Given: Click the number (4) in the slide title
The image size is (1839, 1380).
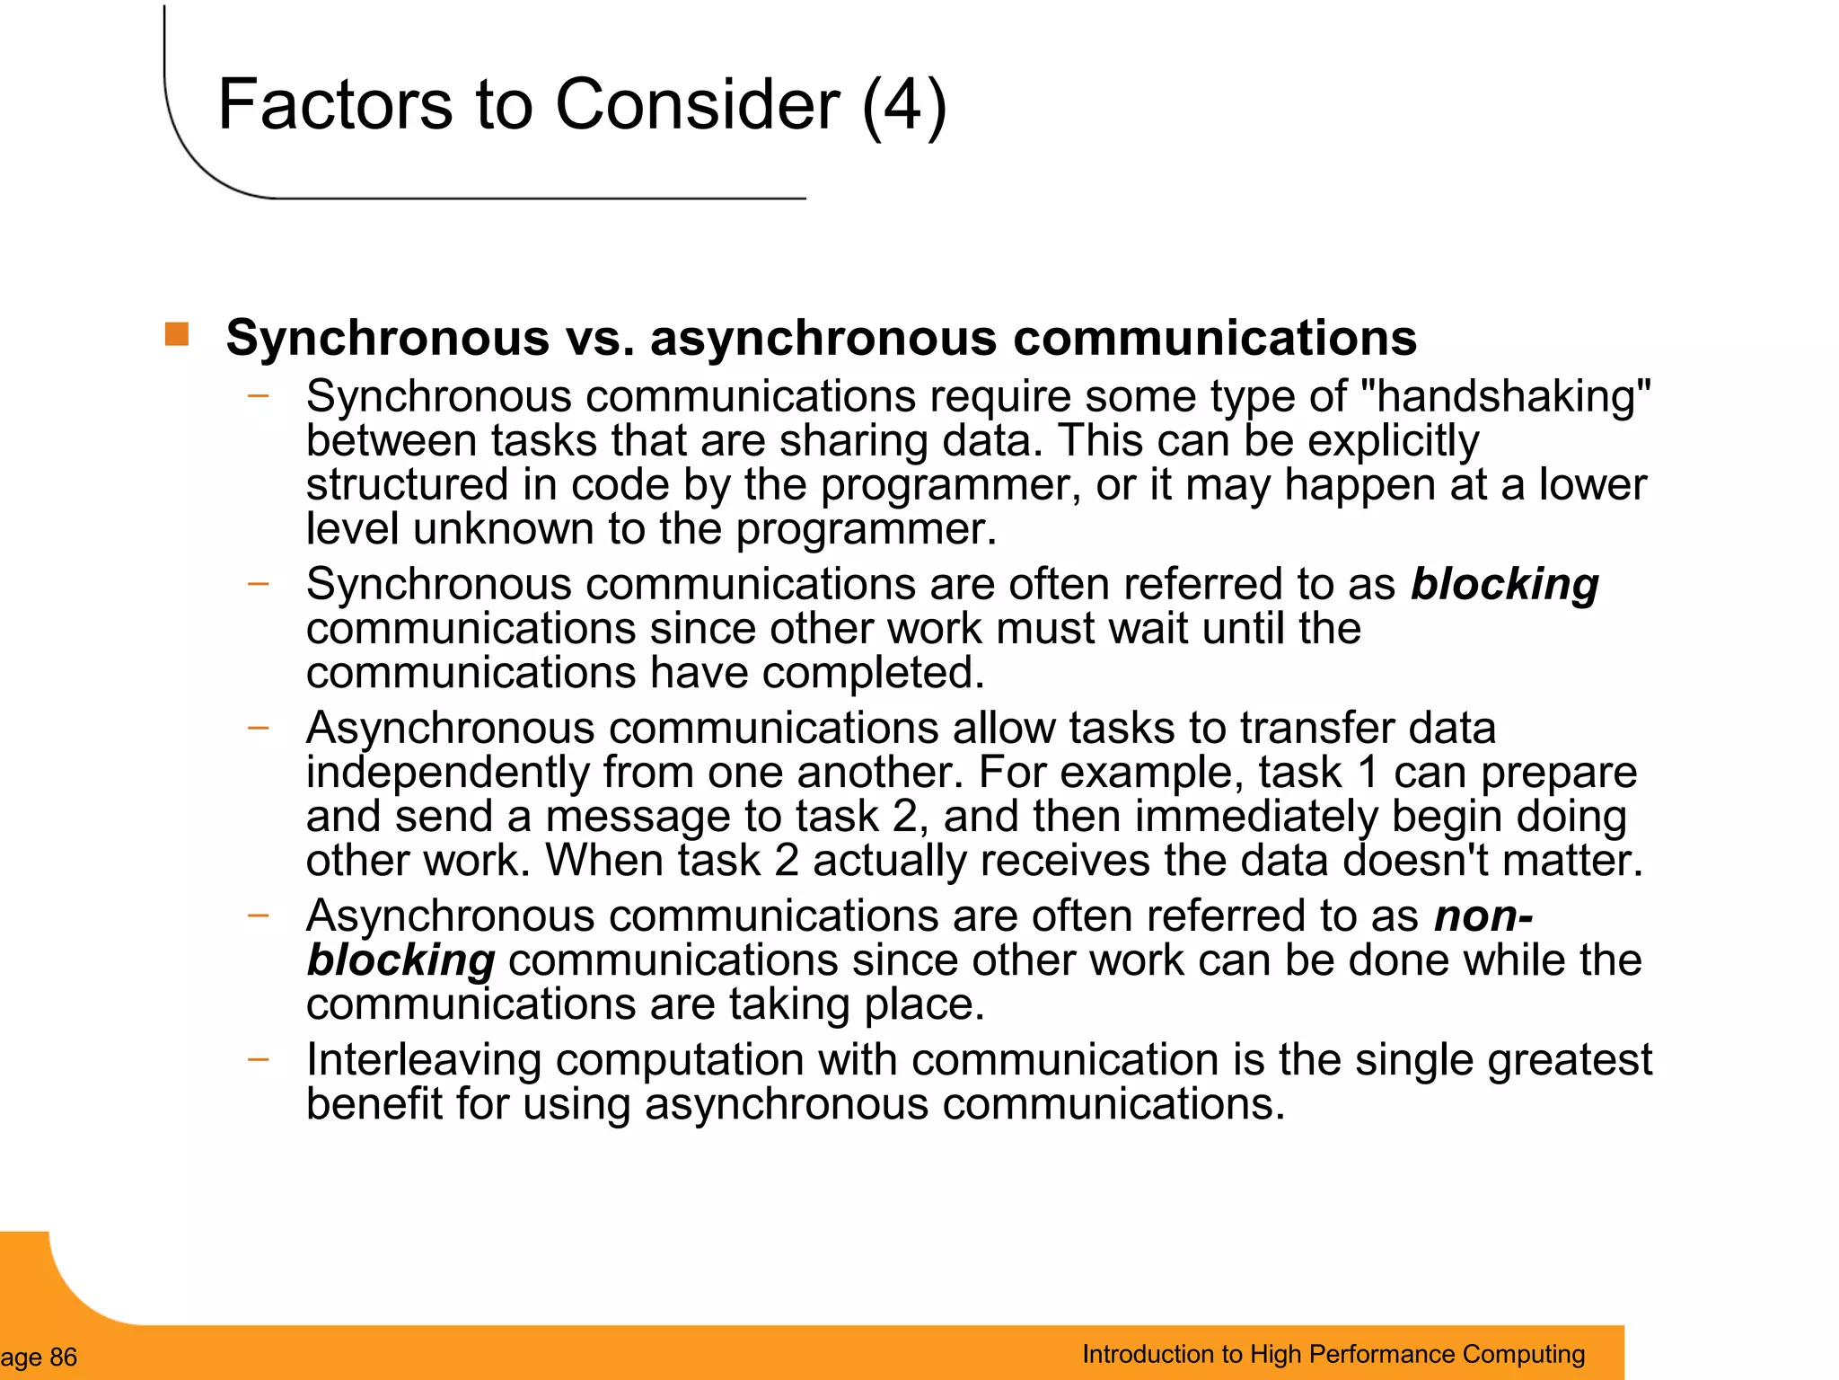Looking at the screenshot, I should [x=903, y=105].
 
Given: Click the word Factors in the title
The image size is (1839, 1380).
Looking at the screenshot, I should [x=335, y=105].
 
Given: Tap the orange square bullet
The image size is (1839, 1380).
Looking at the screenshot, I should [x=177, y=334].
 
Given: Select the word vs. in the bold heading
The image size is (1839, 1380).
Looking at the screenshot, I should [x=600, y=338].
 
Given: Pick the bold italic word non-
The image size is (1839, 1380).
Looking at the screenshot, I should [x=1483, y=916].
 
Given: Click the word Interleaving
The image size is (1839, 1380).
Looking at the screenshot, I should [x=424, y=1059].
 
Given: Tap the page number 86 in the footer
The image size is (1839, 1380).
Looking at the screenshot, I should [x=63, y=1358].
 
